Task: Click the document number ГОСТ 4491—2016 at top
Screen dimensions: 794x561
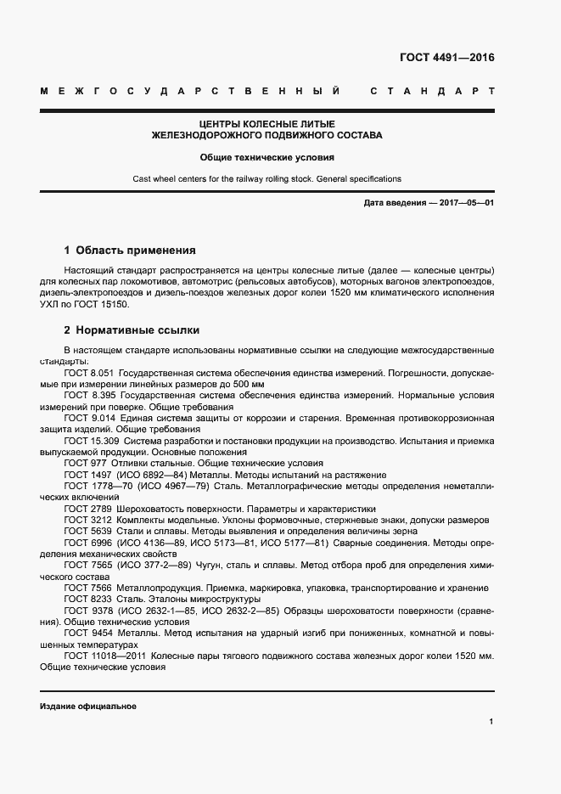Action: click(446, 59)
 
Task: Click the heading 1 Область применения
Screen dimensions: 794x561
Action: click(130, 251)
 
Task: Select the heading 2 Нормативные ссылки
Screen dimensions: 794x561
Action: click(132, 329)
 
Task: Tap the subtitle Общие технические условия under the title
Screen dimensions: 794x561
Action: click(266, 157)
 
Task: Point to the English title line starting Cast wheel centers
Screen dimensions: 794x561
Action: click(266, 179)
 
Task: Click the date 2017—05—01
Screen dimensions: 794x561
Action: click(465, 204)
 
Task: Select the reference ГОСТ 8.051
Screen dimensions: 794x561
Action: click(89, 373)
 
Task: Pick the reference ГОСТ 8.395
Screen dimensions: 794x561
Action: click(89, 396)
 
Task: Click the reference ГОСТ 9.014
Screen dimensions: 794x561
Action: click(89, 419)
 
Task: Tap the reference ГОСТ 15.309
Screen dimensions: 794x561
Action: click(92, 442)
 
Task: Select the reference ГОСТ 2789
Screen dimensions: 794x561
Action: click(87, 507)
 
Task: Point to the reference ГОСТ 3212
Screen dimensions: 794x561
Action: click(87, 519)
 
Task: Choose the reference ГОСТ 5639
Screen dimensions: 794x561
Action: click(87, 530)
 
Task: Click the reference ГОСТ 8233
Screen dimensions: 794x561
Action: click(87, 598)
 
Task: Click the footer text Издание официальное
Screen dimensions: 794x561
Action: click(87, 707)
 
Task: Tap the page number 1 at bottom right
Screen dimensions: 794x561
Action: click(491, 722)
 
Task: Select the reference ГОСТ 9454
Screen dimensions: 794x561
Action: click(87, 633)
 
